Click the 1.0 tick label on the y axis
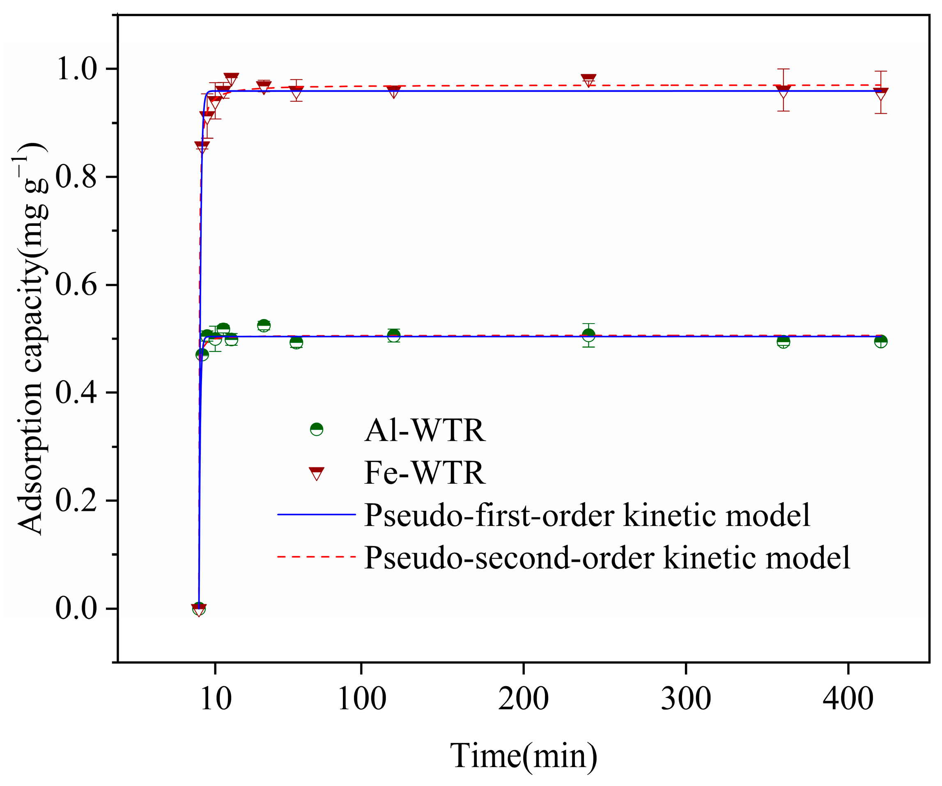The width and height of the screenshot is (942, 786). click(x=76, y=69)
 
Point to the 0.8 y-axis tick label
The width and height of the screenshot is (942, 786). click(x=76, y=177)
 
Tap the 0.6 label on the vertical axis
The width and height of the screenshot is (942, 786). click(x=76, y=285)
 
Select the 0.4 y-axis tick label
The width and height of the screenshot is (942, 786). click(x=76, y=393)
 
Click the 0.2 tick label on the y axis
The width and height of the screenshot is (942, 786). click(x=76, y=501)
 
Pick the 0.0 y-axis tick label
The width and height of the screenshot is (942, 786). click(x=76, y=609)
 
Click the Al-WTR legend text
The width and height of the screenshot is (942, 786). click(x=424, y=430)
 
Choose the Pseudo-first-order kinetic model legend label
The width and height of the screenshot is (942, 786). click(x=587, y=515)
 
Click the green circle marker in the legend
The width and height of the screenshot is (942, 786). click(x=317, y=429)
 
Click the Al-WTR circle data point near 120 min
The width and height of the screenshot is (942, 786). click(x=393, y=336)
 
